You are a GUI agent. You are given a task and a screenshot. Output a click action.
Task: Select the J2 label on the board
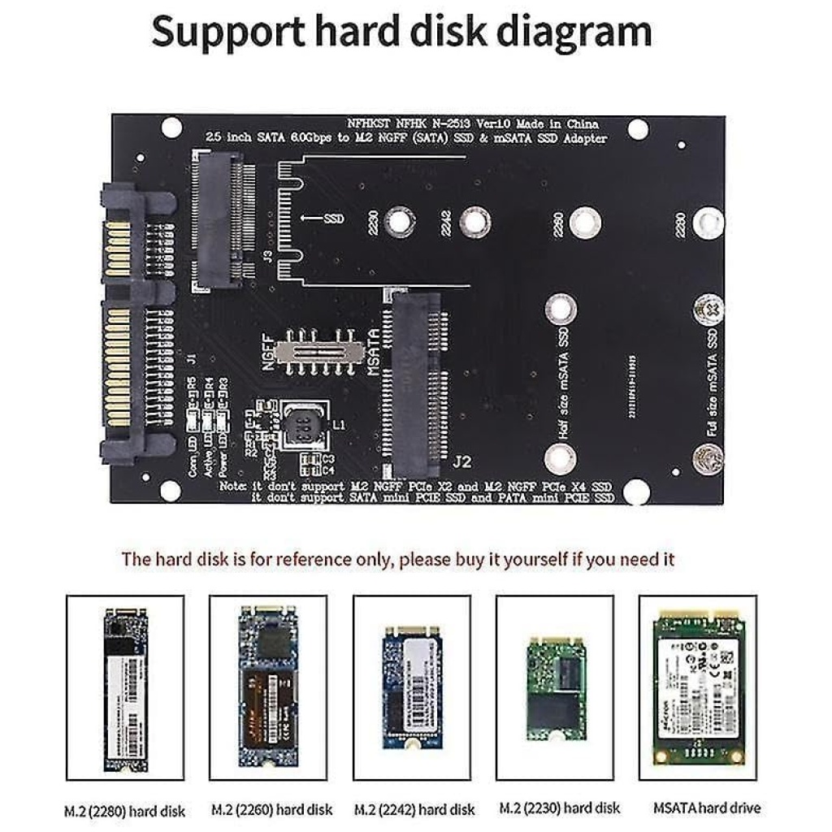click(x=461, y=462)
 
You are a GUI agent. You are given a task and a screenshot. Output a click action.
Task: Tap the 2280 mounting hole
click(x=708, y=222)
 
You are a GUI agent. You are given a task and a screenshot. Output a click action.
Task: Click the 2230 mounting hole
click(x=397, y=221)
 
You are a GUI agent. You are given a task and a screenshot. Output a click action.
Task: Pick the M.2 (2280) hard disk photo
click(x=124, y=687)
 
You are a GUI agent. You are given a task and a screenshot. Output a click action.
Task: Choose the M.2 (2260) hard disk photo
click(x=268, y=687)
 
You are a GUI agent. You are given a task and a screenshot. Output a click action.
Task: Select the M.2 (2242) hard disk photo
click(x=411, y=687)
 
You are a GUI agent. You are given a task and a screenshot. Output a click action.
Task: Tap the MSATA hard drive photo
click(x=698, y=687)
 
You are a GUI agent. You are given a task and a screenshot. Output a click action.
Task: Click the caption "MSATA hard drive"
click(x=707, y=808)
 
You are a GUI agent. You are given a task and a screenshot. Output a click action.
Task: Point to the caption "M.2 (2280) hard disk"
click(x=124, y=810)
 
